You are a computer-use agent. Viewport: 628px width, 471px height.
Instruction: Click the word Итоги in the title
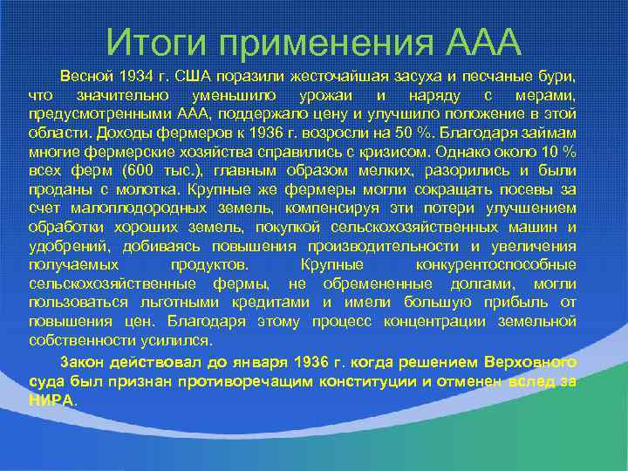point(155,40)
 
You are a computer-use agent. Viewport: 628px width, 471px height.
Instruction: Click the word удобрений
point(66,247)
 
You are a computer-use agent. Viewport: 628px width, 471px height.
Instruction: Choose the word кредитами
point(270,302)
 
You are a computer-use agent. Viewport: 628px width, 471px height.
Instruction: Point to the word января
point(259,362)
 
